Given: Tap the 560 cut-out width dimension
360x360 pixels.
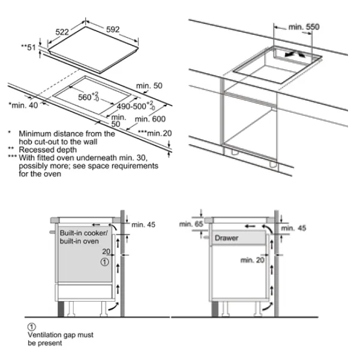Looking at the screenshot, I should coord(88,97).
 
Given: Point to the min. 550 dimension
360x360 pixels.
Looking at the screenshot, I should coord(304,27).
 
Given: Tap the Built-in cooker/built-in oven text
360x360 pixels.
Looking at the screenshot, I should coord(83,236).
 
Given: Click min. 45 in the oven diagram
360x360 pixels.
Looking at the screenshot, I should coord(142,224).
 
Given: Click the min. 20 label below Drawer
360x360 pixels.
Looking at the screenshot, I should coord(253,260).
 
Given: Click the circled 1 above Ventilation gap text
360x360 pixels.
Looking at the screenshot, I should coord(32,325).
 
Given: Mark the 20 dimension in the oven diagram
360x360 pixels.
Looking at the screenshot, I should coord(106,253).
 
